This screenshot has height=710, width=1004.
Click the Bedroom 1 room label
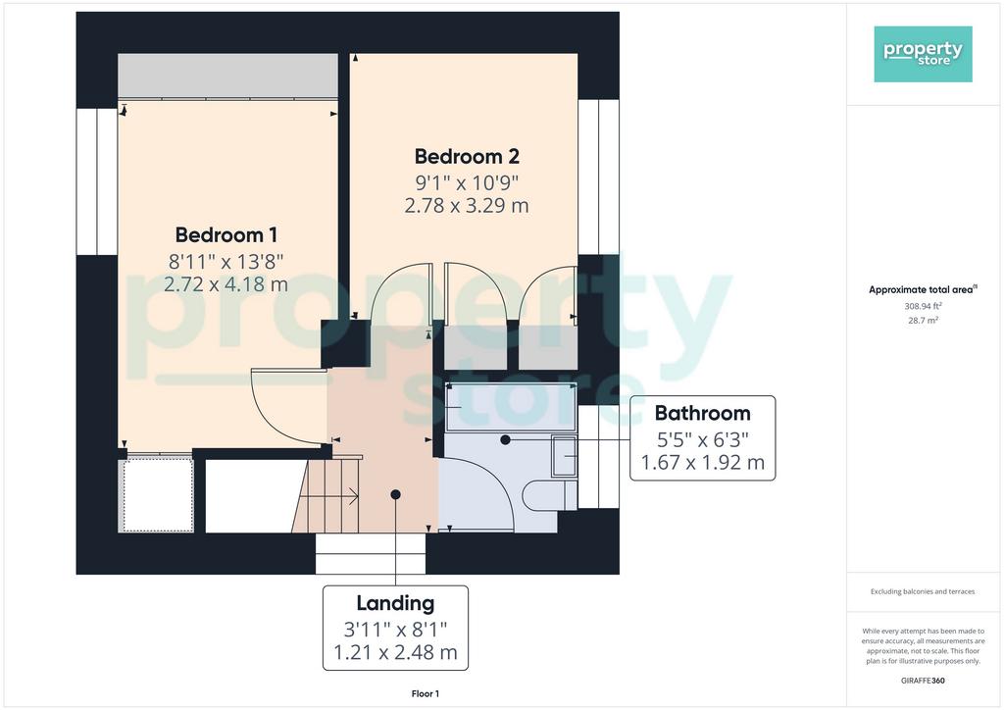(226, 235)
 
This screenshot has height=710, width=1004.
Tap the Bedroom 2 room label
(467, 156)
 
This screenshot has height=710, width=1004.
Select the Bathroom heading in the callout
(702, 414)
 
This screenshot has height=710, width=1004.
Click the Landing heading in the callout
(395, 603)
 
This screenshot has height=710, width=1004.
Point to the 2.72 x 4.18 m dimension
(226, 283)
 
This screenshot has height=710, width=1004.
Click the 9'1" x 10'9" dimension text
(467, 183)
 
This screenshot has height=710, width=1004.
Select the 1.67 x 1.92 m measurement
(702, 462)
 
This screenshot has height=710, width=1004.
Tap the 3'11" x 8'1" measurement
(395, 630)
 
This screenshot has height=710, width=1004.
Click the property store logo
(923, 54)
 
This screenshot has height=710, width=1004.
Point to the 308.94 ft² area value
(923, 307)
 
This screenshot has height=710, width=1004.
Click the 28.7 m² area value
(923, 320)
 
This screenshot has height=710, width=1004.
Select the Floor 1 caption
(426, 693)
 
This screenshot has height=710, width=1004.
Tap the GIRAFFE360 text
(923, 681)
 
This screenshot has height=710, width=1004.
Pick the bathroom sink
(564, 456)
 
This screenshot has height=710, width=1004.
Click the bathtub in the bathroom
(511, 407)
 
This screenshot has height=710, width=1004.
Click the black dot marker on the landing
(396, 494)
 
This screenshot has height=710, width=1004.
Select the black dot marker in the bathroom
(505, 440)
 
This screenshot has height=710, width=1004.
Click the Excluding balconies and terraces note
(923, 591)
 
